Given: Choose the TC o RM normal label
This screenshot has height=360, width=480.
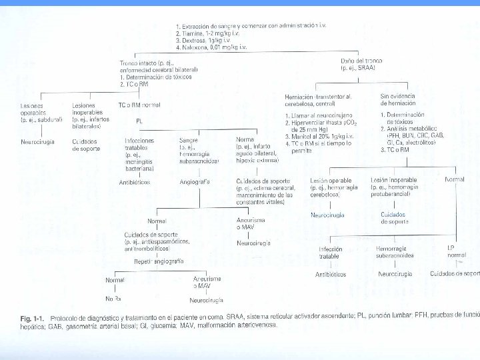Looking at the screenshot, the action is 139,105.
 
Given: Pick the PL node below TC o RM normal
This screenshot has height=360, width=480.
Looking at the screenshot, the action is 139,121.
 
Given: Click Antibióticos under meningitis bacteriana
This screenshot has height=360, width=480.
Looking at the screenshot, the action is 136,181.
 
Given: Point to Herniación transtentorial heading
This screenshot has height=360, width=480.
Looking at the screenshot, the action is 313,97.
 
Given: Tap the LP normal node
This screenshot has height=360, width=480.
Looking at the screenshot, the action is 457,251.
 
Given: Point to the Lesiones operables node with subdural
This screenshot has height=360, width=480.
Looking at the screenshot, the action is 36,113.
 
